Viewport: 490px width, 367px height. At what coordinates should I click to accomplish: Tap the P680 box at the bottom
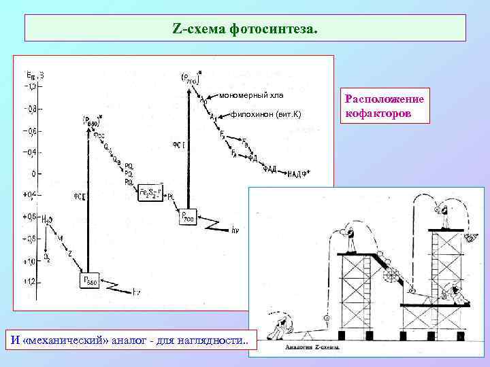tap(88, 281)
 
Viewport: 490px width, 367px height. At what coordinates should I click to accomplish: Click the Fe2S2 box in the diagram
tap(150, 194)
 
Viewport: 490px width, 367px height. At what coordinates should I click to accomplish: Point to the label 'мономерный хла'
tap(251, 94)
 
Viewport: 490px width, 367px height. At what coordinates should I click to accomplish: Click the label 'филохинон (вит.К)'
tap(266, 113)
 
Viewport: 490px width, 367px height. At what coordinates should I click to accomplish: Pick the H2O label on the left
tap(48, 220)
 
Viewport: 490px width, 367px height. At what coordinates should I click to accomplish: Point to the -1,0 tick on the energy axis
tap(31, 87)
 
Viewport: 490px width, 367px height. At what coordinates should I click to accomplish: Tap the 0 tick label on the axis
tap(33, 174)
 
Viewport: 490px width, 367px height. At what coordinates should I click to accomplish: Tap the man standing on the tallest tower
tap(444, 215)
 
